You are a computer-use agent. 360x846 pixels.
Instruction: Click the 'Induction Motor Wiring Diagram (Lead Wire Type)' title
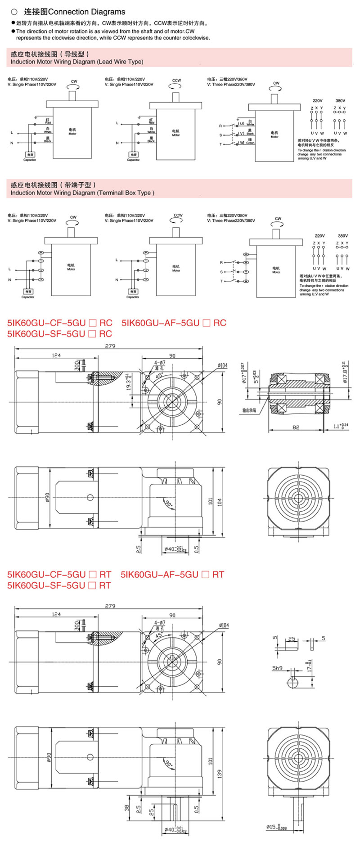76,62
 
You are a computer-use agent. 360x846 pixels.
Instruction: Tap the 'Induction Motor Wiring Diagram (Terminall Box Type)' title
82,193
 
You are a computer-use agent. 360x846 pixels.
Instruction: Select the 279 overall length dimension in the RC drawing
110,346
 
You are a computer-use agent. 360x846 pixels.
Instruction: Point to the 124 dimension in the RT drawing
56,614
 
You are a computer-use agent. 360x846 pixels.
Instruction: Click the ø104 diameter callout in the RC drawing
222,365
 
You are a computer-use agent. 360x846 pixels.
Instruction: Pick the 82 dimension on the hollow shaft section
296,427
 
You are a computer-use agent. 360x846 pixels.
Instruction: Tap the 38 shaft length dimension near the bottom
127,809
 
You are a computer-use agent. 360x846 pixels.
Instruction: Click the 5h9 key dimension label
277,668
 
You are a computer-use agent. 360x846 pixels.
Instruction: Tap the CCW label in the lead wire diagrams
176,81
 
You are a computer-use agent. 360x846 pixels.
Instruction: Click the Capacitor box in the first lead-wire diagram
30,155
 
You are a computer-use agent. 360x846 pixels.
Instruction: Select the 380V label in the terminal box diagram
342,236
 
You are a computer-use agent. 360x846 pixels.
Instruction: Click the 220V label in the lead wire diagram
317,101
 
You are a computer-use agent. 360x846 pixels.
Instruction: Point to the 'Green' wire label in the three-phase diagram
250,143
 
